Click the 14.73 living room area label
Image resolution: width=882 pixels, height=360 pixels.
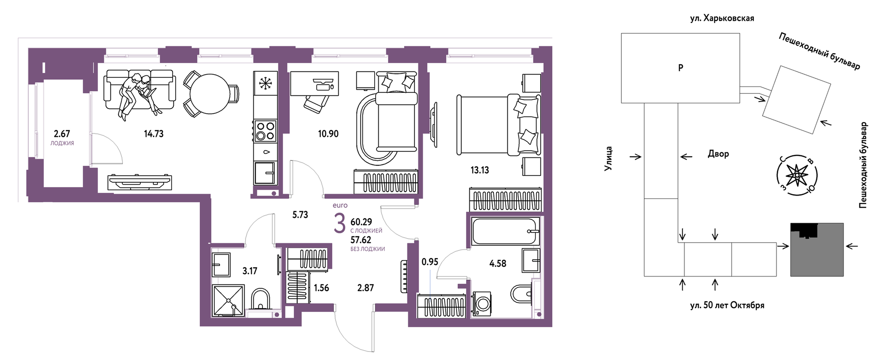click(154, 134)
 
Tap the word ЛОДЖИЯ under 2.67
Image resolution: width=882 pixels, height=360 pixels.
click(62, 143)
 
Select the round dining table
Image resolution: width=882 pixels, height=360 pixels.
click(209, 94)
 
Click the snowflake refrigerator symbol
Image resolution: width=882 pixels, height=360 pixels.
click(265, 83)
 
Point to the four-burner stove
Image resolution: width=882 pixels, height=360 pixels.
click(265, 131)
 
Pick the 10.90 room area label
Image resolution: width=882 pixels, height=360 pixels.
click(328, 134)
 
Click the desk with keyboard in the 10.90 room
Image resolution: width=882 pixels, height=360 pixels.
click(314, 83)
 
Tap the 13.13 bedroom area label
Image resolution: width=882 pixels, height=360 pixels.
click(480, 170)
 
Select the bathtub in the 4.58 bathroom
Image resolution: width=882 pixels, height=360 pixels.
click(505, 231)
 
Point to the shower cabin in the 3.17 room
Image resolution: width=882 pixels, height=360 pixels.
click(228, 300)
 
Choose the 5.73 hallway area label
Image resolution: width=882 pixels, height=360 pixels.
click(300, 215)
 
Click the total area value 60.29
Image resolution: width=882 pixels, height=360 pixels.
click(361, 222)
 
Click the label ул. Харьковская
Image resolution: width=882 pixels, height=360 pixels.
click(722, 18)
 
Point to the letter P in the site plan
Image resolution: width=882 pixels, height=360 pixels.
click(681, 68)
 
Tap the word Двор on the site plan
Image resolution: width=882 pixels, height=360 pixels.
click(718, 154)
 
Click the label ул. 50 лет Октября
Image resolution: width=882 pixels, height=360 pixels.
click(727, 305)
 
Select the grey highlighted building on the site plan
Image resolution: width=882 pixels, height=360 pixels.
click(817, 250)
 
